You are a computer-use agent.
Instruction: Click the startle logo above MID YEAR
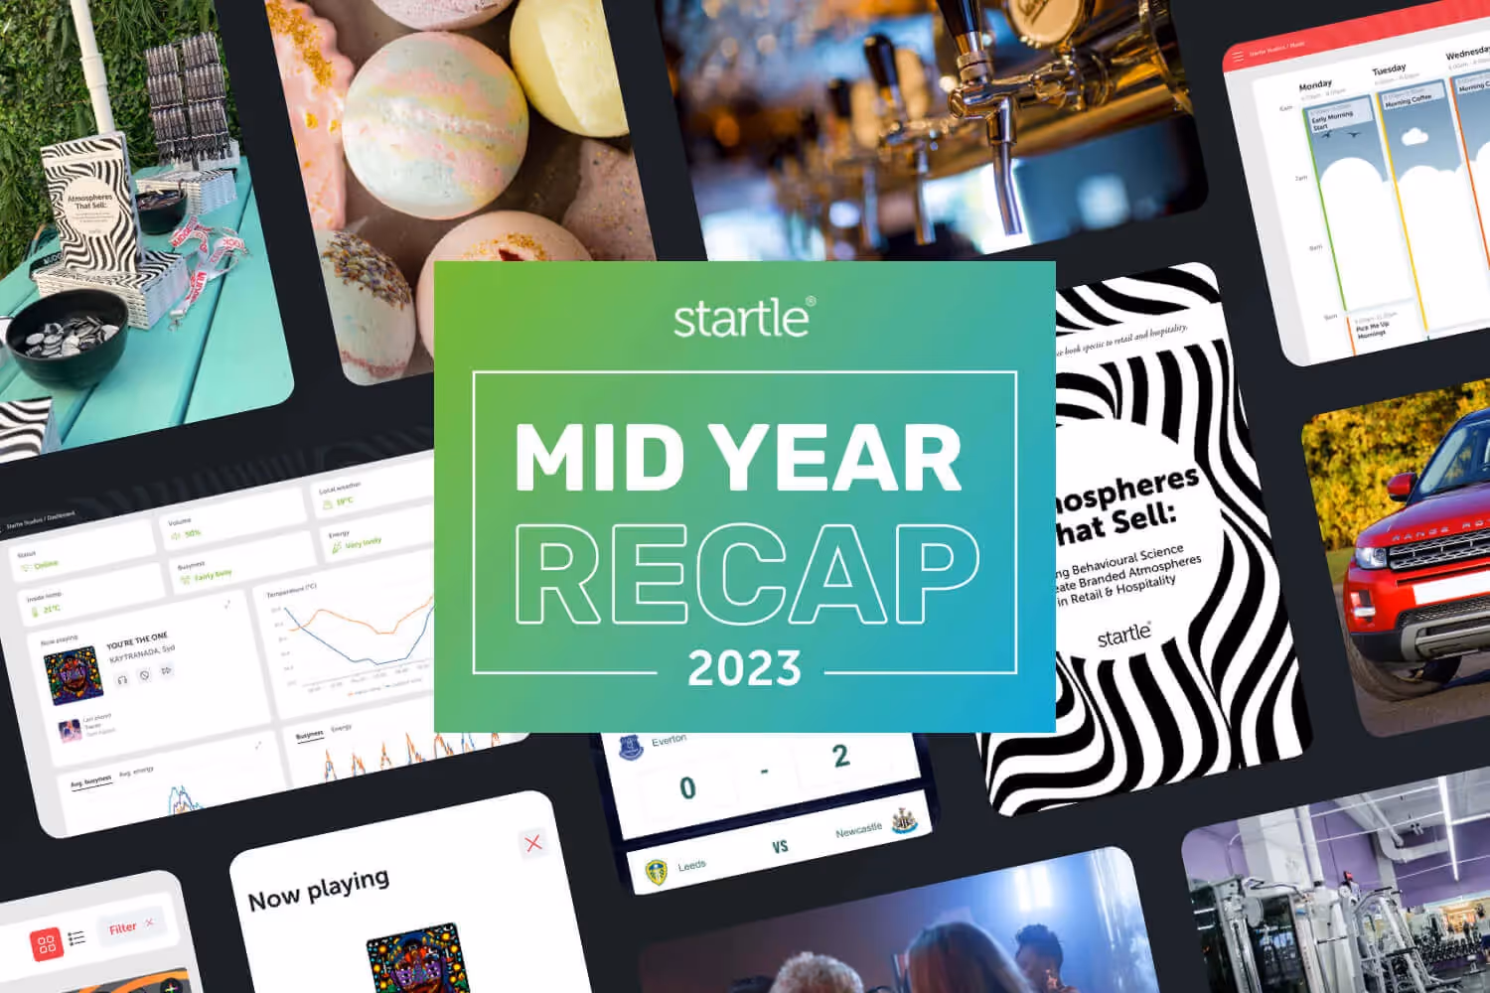[744, 318]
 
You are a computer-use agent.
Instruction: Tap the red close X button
[533, 843]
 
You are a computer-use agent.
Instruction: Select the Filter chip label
[123, 928]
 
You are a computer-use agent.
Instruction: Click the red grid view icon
[46, 944]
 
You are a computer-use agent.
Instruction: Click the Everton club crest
[631, 748]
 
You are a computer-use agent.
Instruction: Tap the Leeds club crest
[656, 872]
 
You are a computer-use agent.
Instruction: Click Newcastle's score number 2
[840, 757]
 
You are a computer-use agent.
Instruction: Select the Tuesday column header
[1389, 70]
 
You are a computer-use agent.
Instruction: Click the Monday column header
[1315, 85]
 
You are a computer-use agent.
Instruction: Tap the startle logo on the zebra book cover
[1123, 634]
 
